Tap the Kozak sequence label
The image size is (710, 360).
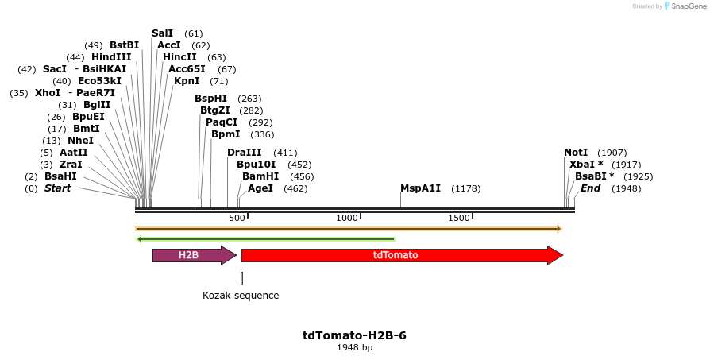(241, 296)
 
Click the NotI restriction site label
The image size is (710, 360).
(576, 153)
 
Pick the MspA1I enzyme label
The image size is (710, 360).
(420, 188)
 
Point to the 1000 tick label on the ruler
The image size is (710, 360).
(347, 218)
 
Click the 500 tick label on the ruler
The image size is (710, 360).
(237, 218)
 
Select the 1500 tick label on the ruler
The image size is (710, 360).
(459, 218)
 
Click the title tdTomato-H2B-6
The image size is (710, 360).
(354, 335)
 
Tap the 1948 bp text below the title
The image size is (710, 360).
(354, 348)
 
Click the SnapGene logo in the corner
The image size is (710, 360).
(681, 6)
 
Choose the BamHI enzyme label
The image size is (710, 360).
(260, 176)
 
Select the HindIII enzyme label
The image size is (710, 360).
(110, 57)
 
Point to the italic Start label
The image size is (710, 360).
(57, 188)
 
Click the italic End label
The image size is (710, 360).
(590, 188)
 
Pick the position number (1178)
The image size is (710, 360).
(465, 188)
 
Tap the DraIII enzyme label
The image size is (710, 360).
(244, 153)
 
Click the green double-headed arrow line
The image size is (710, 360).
(265, 238)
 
